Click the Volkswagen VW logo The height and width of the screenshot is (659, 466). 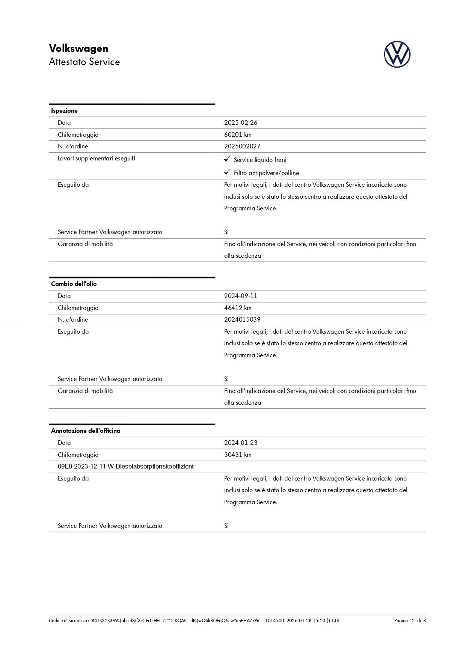pyautogui.click(x=397, y=54)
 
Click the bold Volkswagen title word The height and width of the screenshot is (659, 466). pyautogui.click(x=78, y=48)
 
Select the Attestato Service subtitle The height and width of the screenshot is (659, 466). pyautogui.click(x=84, y=62)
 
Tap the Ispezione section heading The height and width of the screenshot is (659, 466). pyautogui.click(x=64, y=111)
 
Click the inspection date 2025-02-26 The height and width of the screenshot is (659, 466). pyautogui.click(x=241, y=123)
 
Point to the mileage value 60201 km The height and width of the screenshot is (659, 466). pyautogui.click(x=238, y=135)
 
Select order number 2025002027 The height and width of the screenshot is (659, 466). pyautogui.click(x=242, y=147)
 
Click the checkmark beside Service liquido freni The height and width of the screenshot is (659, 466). pyautogui.click(x=227, y=159)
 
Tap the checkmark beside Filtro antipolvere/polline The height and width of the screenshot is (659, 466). pyautogui.click(x=227, y=172)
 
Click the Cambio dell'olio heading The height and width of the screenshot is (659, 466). pyautogui.click(x=74, y=284)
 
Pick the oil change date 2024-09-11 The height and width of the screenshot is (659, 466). pyautogui.click(x=241, y=296)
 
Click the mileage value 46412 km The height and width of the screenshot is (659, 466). pyautogui.click(x=238, y=308)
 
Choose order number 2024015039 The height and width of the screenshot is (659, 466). pyautogui.click(x=242, y=320)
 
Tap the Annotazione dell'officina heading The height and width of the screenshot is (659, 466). pyautogui.click(x=86, y=431)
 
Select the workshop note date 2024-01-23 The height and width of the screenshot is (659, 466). pyautogui.click(x=241, y=443)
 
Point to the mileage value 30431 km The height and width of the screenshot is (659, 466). pyautogui.click(x=238, y=455)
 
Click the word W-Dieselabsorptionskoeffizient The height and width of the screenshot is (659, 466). pyautogui.click(x=151, y=467)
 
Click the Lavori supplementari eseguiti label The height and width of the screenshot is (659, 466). pyautogui.click(x=97, y=159)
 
